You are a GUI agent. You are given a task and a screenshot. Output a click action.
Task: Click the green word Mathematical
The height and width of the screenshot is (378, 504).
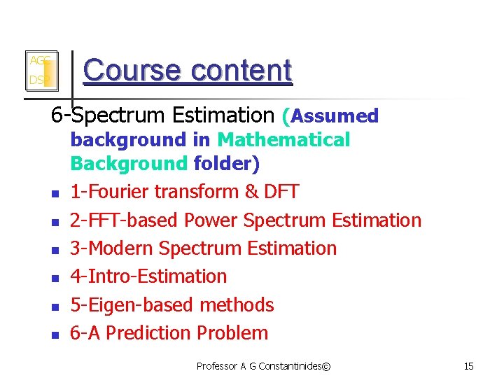click(283, 140)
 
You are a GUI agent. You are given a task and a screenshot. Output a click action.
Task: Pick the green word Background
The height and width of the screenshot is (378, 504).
click(129, 164)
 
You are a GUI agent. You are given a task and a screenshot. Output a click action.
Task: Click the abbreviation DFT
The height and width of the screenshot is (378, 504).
click(279, 192)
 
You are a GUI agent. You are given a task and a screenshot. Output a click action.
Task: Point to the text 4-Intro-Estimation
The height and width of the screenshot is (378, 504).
click(148, 276)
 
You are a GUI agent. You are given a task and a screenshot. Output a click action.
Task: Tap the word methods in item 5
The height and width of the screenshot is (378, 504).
click(237, 305)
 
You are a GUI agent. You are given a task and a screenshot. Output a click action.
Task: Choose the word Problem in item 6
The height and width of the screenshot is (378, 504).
click(232, 333)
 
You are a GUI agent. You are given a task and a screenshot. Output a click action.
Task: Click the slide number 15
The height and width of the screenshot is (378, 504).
click(469, 366)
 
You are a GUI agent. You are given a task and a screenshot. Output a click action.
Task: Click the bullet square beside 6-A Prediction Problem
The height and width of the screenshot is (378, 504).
click(54, 335)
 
